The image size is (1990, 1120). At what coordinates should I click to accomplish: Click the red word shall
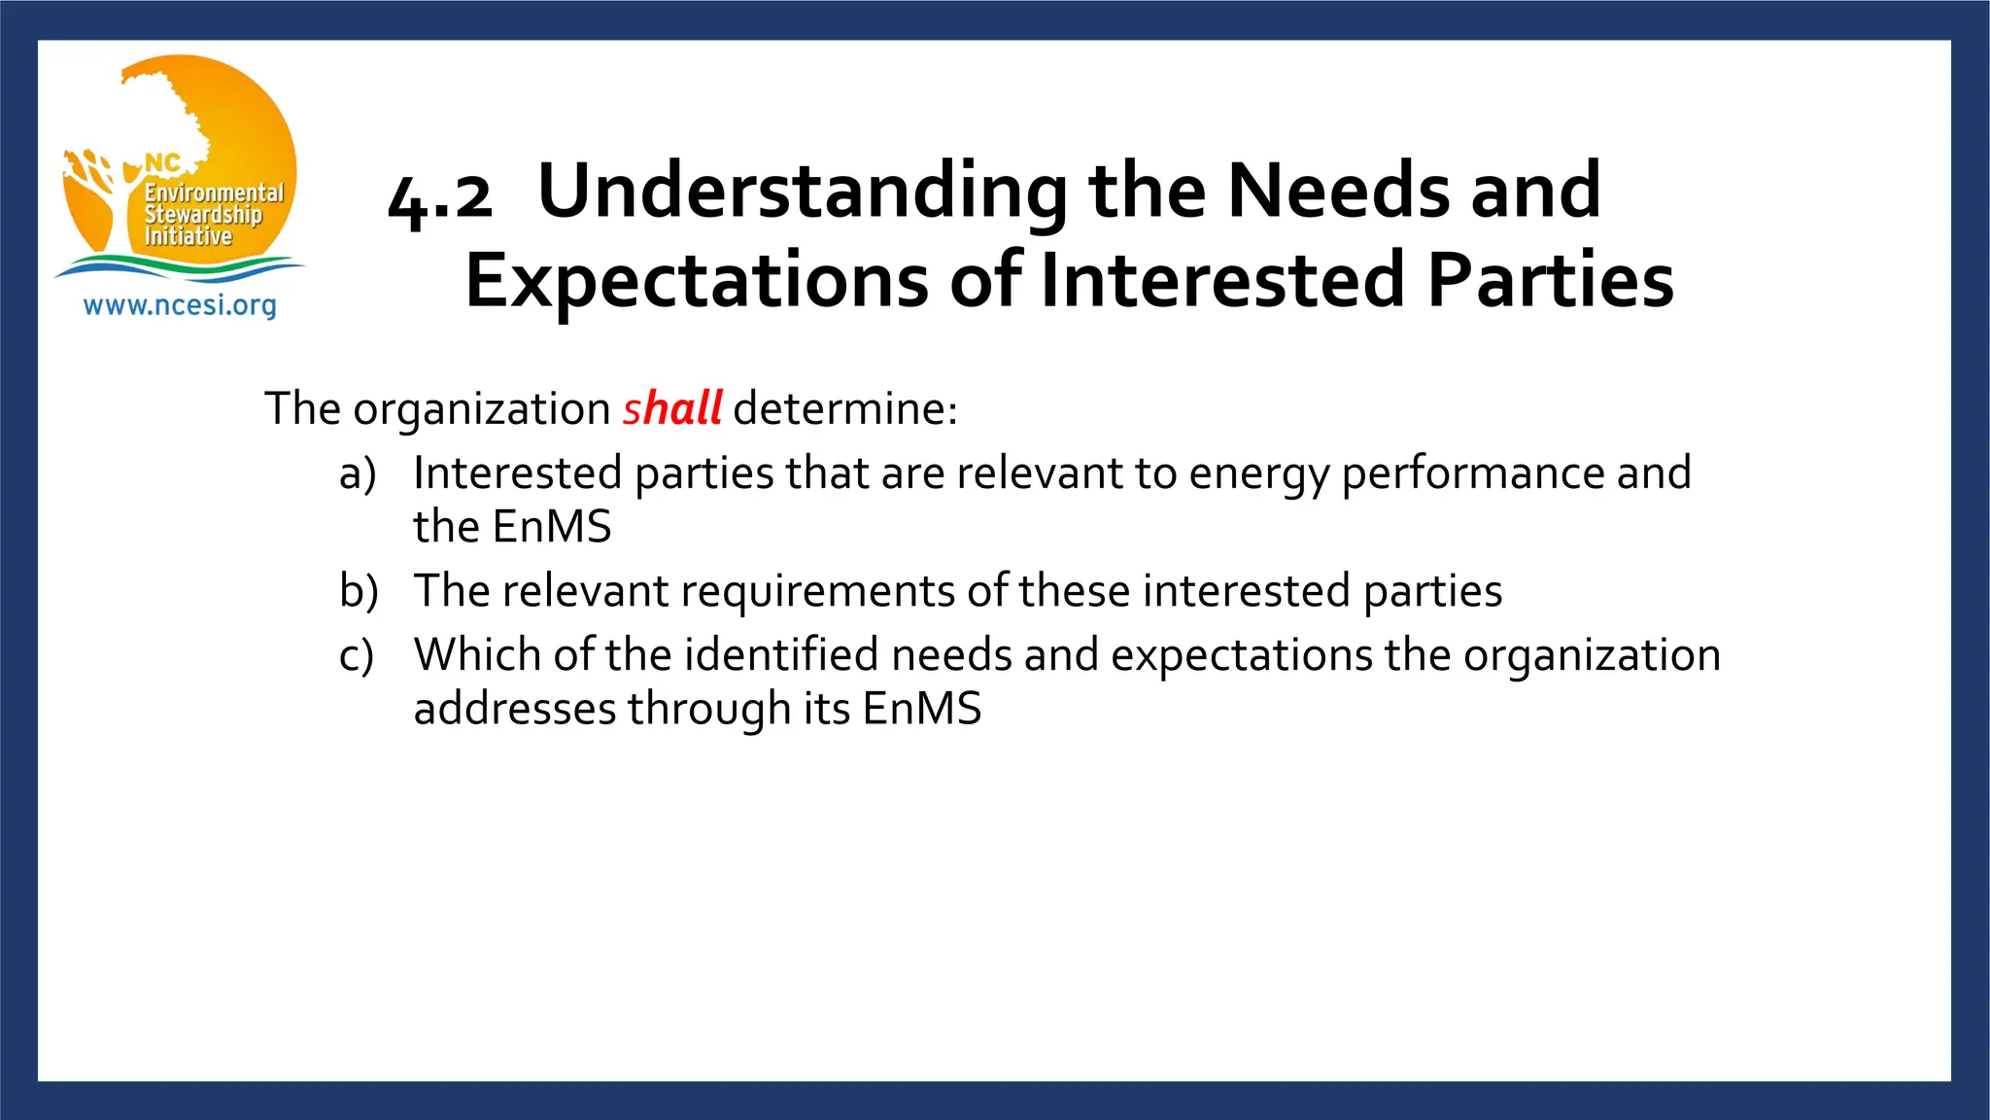point(671,408)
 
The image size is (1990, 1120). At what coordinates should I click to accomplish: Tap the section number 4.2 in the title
point(439,198)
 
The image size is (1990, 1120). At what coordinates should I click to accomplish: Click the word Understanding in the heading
point(803,192)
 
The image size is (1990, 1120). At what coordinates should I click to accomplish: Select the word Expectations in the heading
point(696,281)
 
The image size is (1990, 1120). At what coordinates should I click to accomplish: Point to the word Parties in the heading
point(1551,281)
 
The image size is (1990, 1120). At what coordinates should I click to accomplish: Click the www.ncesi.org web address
point(180,305)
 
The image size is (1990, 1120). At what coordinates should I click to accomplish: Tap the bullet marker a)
point(358,474)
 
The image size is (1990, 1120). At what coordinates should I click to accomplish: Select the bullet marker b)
point(359,591)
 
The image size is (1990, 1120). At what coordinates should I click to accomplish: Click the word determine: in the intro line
point(845,408)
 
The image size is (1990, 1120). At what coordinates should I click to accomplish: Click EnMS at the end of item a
point(552,527)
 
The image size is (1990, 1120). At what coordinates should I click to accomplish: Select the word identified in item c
point(781,654)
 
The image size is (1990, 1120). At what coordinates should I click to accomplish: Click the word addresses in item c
point(515,709)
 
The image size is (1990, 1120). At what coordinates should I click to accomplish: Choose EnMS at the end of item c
point(921,709)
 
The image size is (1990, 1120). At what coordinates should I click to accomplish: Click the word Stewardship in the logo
point(203,215)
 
